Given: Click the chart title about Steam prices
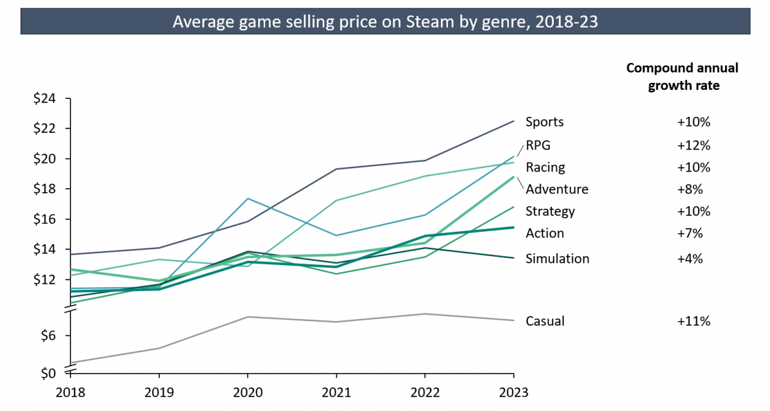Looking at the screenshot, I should tap(384, 22).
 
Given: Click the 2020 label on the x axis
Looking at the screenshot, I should tap(248, 391).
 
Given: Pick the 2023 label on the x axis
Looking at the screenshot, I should tap(513, 391).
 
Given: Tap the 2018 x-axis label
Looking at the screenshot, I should tap(71, 391).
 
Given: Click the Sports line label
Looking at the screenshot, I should tap(544, 122).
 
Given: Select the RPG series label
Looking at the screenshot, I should tap(538, 145).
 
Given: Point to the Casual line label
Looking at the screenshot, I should tap(545, 321).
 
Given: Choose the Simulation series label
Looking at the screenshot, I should tap(557, 259).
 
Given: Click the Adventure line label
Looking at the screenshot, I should tap(556, 189).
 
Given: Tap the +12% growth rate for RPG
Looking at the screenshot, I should tap(693, 145).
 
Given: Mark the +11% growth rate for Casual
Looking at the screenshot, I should tap(693, 321).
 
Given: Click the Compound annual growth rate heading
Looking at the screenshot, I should tap(682, 76).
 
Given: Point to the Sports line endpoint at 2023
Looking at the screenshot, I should tap(513, 121).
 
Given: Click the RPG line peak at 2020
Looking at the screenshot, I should tap(248, 198).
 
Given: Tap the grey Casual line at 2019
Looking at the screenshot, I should tap(159, 348).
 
